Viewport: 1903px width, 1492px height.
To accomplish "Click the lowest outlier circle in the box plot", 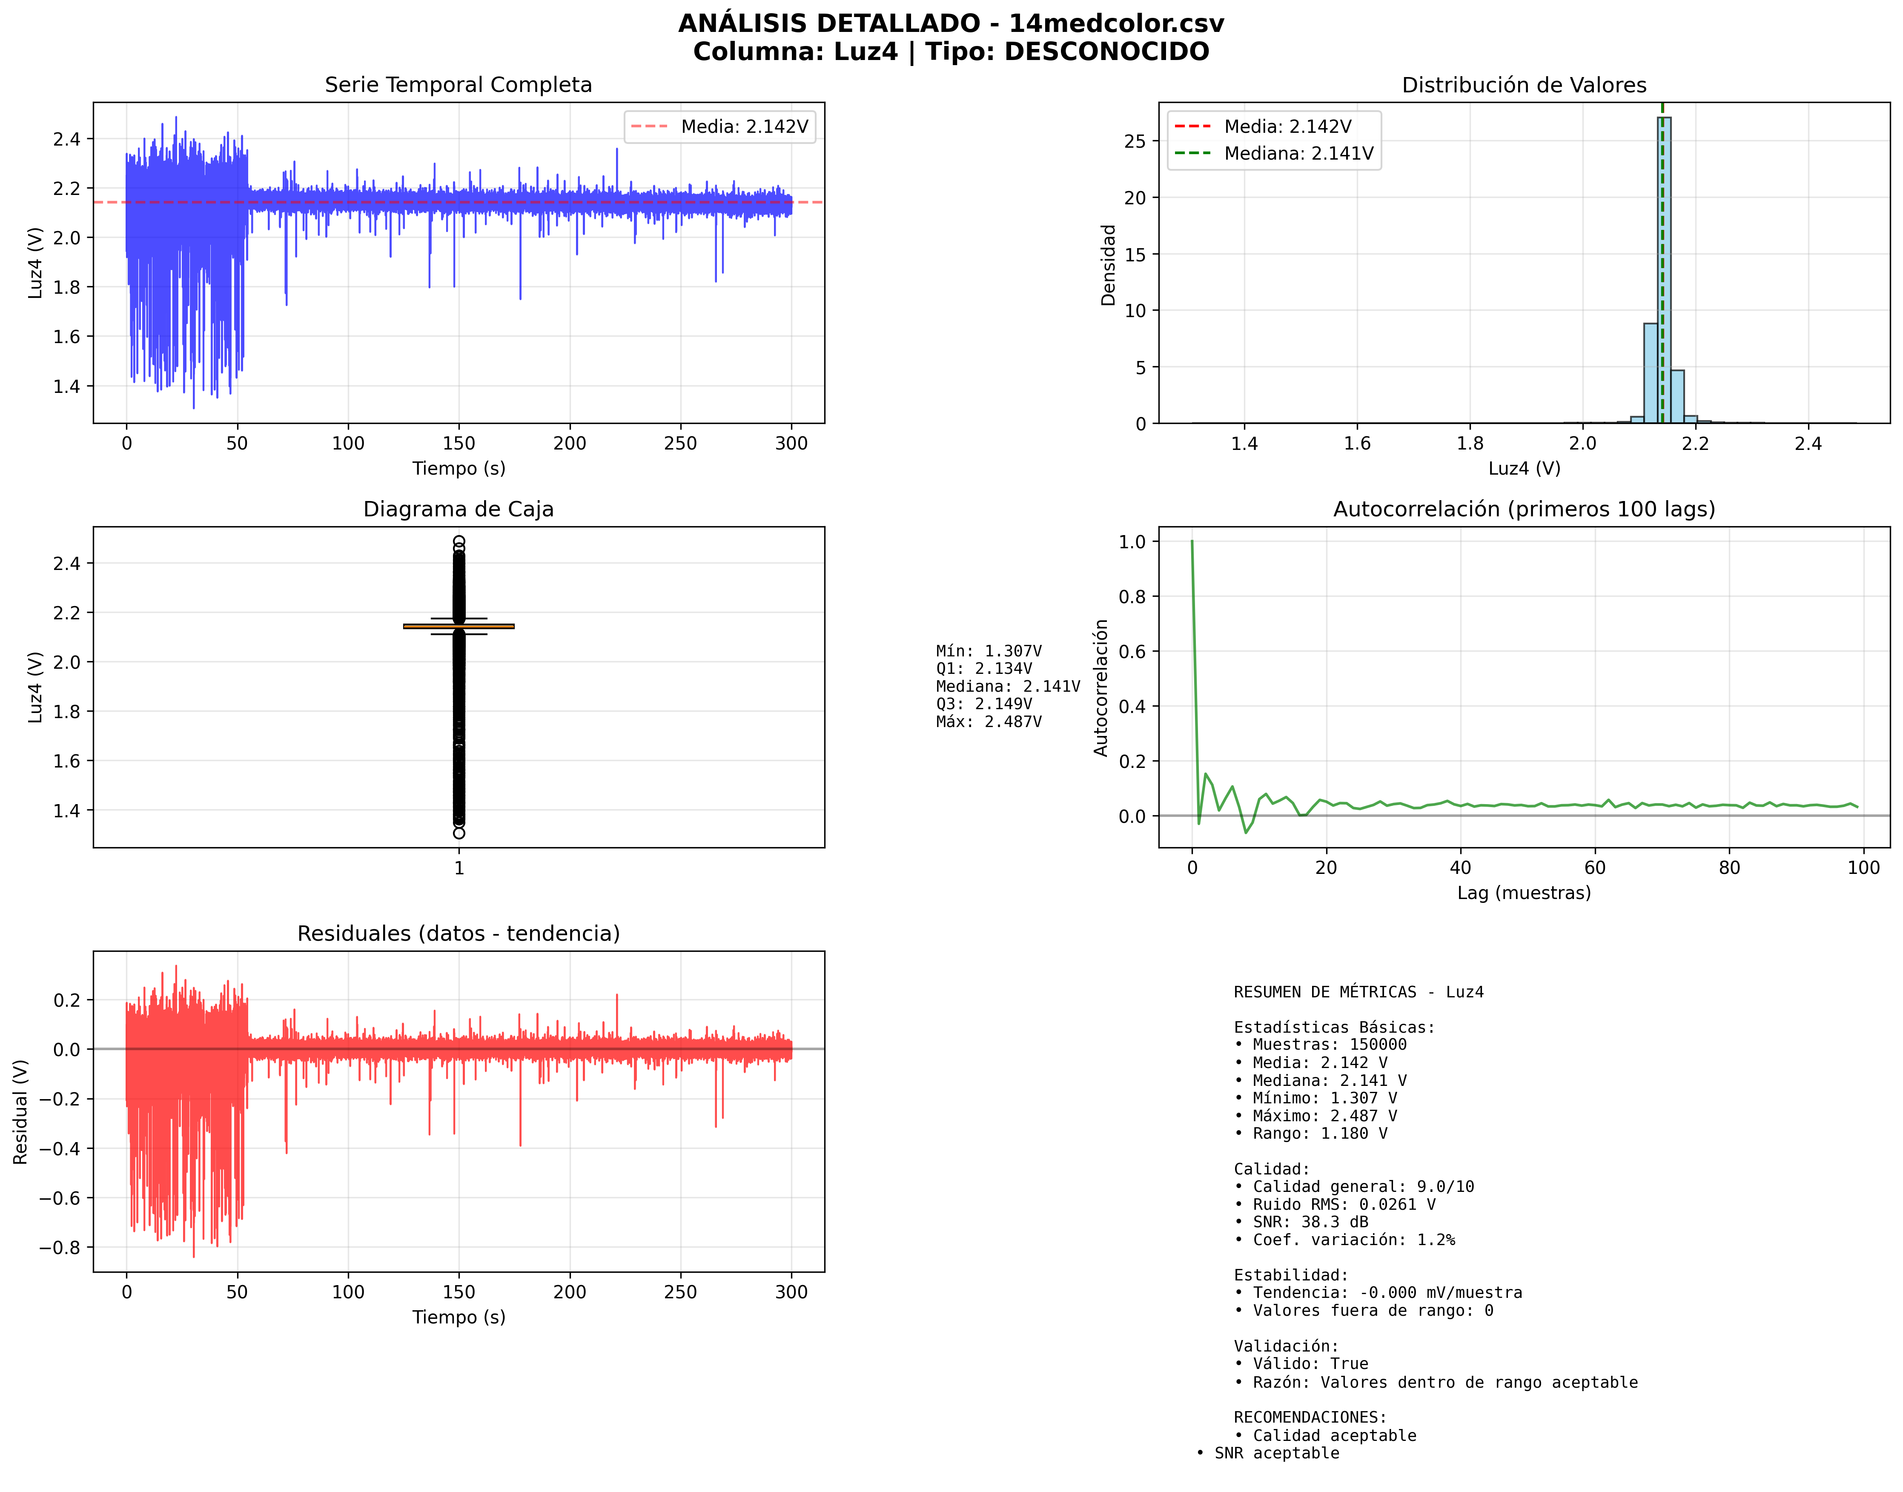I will coord(459,833).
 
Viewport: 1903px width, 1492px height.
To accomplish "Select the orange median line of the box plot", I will coord(459,625).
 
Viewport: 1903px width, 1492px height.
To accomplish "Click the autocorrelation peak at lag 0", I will coord(1192,542).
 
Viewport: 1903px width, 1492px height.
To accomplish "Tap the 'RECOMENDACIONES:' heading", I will coord(1310,1417).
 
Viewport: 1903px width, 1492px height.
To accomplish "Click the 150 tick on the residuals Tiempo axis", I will coord(459,1292).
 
